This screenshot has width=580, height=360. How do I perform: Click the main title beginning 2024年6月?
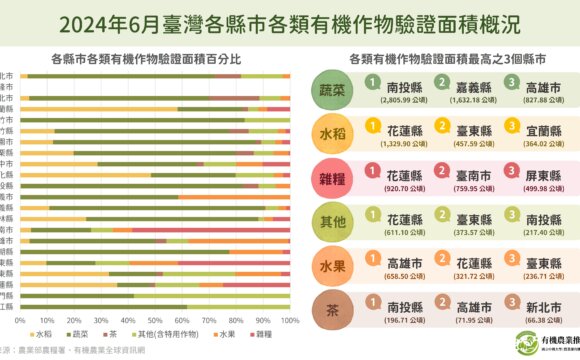click(290, 21)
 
